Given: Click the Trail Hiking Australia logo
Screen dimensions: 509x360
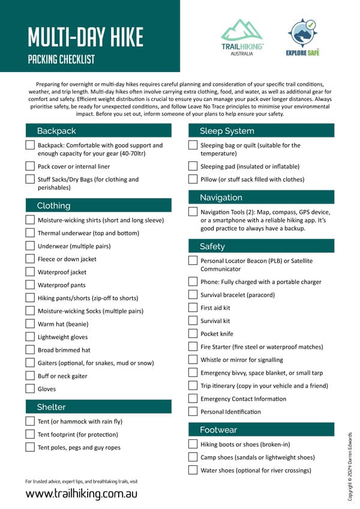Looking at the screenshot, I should click(242, 36).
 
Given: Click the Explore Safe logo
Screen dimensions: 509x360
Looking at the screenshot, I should click(302, 36).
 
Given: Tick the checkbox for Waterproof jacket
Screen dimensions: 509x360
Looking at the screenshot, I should click(30, 272).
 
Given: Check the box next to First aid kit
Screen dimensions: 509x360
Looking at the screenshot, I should click(193, 307).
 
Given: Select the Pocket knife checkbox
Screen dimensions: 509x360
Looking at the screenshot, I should click(193, 333).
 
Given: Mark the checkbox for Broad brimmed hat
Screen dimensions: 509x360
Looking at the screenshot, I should click(30, 350).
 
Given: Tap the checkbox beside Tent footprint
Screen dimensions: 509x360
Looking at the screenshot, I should click(30, 434).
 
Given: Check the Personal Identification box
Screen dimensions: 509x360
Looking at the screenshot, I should click(193, 411).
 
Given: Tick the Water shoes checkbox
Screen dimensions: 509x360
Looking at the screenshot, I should click(193, 470).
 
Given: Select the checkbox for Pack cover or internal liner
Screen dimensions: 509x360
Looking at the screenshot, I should click(30, 166).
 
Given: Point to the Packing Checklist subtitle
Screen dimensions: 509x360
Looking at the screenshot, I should click(61, 60).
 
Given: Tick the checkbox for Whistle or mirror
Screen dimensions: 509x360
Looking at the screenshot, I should click(193, 360).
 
